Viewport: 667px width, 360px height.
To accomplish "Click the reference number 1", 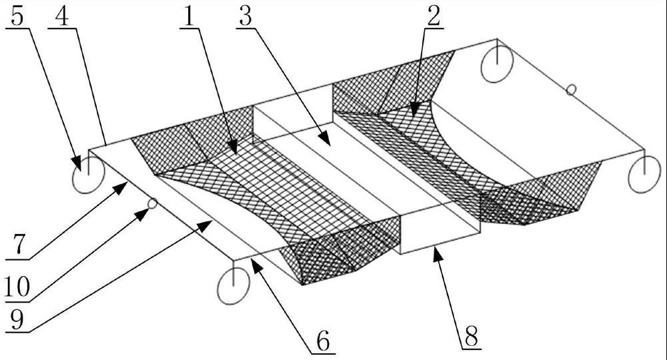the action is tap(191, 17).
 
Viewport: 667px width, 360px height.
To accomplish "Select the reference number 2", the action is tap(434, 17).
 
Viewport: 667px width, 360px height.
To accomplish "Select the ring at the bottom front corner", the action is tap(233, 287).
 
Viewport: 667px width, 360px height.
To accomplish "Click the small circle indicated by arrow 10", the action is tap(153, 203).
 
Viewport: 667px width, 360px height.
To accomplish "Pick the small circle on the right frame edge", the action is tap(570, 89).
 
